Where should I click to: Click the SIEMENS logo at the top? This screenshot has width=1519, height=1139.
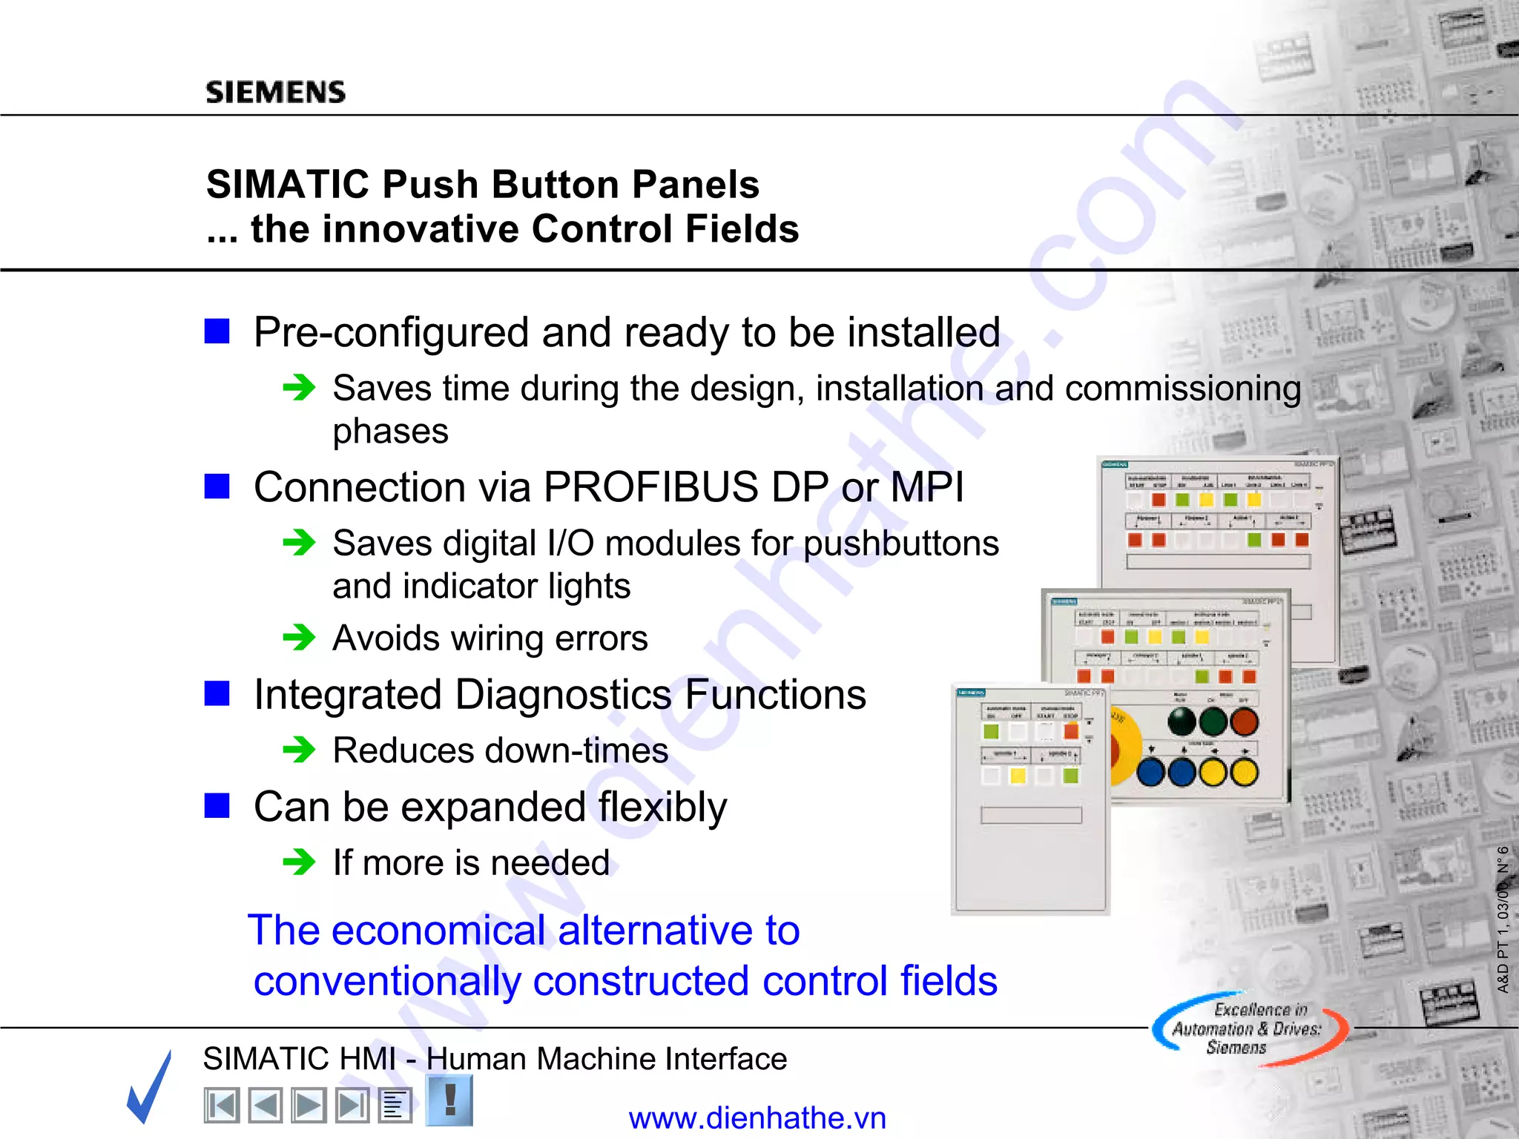point(275,92)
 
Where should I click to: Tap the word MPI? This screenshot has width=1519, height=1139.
point(926,488)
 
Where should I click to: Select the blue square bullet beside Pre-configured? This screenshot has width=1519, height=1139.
point(217,331)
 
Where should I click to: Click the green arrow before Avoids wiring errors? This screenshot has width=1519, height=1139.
point(300,637)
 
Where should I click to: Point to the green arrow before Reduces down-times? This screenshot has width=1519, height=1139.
point(300,749)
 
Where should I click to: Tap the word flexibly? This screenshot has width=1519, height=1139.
point(662,807)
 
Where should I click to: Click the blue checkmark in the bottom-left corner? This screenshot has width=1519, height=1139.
point(151,1086)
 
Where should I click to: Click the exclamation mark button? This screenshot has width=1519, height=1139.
point(449,1100)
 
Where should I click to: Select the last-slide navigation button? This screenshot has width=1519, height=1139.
point(352,1106)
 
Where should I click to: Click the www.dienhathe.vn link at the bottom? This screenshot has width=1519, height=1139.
point(757,1117)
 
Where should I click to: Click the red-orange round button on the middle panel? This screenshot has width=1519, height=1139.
point(1244,721)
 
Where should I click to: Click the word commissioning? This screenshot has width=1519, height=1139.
point(1182,389)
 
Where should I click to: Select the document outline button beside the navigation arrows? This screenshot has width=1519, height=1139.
point(395,1106)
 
